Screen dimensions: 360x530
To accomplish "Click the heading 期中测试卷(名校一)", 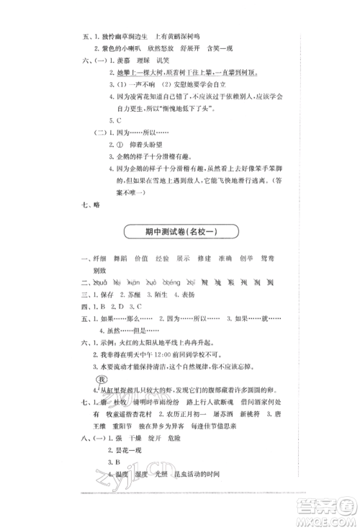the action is [179, 233].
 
